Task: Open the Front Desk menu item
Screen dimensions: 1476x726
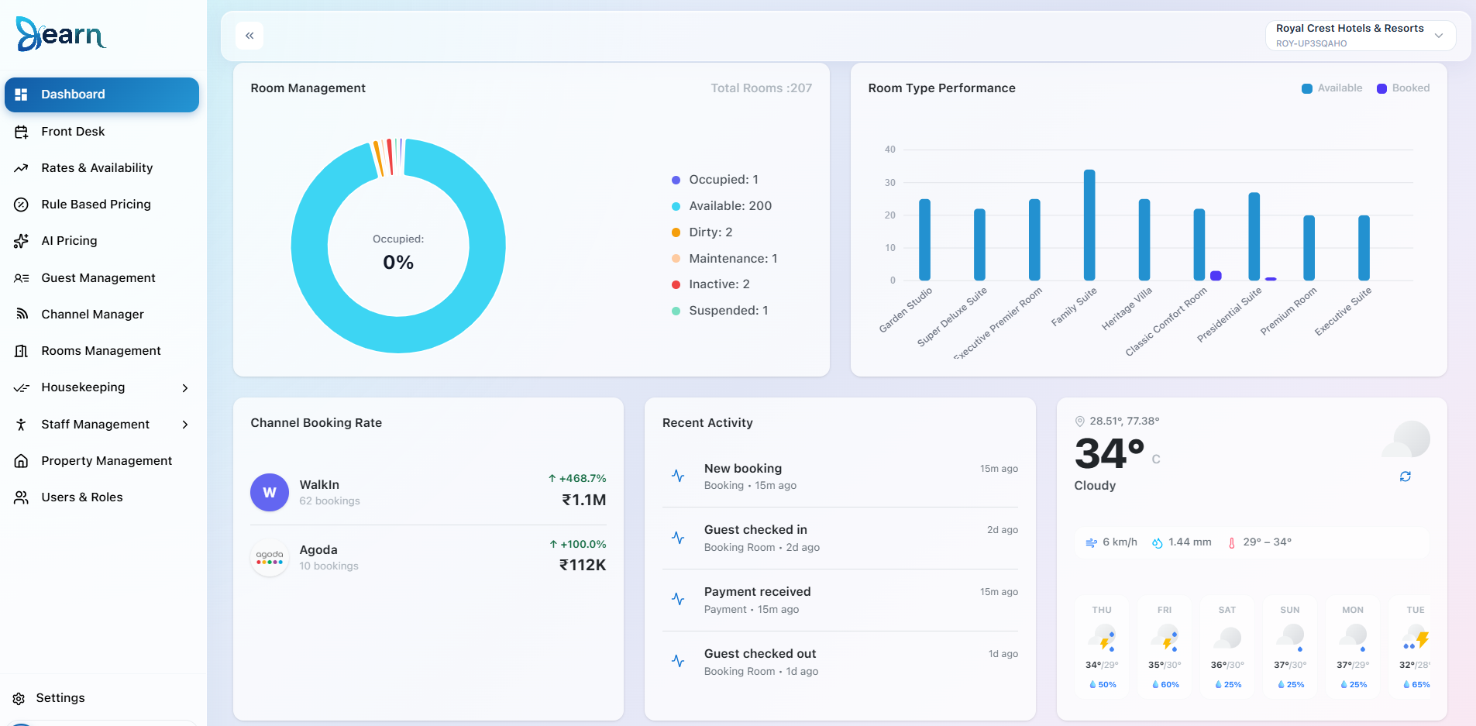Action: coord(73,132)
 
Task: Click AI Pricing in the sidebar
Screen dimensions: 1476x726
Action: coord(69,241)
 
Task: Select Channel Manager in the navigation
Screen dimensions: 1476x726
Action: coord(92,315)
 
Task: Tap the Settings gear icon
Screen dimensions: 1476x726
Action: coord(19,699)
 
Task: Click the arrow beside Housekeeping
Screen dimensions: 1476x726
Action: coord(185,388)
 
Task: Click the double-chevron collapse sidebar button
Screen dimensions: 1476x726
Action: coord(249,36)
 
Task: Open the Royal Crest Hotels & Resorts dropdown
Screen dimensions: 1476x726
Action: coord(1361,36)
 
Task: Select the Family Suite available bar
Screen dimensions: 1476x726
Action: coord(1089,225)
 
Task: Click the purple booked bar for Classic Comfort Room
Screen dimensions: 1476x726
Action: coord(1216,276)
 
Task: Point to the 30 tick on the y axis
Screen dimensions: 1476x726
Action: coord(890,183)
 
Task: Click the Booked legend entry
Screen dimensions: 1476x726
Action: coord(1403,88)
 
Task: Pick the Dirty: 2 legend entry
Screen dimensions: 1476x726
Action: coord(702,232)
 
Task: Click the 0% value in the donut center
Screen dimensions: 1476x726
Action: coord(398,263)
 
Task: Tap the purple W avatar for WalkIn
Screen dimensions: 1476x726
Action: coord(270,493)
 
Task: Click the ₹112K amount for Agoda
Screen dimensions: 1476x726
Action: coord(583,565)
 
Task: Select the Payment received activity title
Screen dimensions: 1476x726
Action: coord(758,592)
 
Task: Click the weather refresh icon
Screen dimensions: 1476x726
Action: coord(1405,477)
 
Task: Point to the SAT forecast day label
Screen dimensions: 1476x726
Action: coord(1227,611)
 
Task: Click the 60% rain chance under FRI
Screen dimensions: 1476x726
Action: coord(1165,685)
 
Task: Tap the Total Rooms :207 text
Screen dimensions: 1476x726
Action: coord(762,88)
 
